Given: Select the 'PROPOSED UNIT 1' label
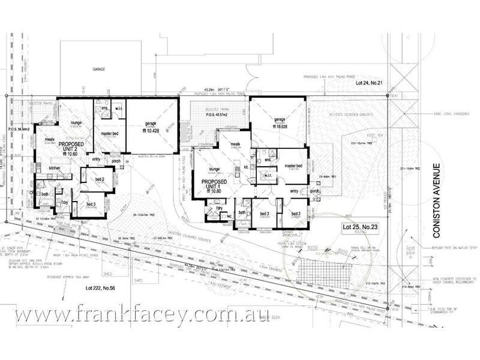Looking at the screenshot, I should [x=214, y=184].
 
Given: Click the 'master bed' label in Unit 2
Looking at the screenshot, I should [x=109, y=133].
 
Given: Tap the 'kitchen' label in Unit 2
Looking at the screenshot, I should [x=56, y=169].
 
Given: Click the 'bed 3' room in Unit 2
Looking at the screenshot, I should [x=91, y=205].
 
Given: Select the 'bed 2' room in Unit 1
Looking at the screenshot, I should [x=295, y=214].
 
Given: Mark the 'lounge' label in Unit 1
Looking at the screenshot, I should [x=207, y=167].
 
